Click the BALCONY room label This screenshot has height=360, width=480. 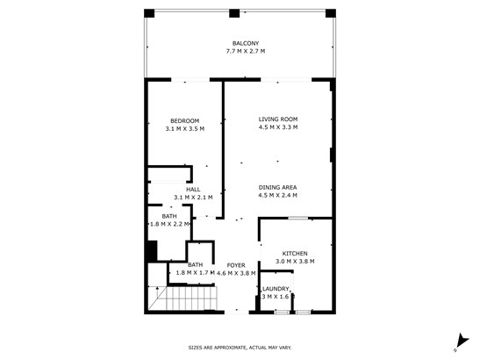tap(246, 44)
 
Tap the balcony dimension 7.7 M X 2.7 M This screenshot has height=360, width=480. tap(246, 51)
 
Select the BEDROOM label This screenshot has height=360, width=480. tap(185, 121)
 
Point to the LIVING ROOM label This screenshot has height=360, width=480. tap(278, 119)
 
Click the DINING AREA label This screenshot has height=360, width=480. tap(277, 188)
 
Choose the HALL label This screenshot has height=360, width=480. tap(193, 190)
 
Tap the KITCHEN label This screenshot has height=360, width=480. tap(295, 254)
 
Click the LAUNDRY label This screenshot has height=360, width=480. tap(276, 289)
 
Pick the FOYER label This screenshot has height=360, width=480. tap(236, 265)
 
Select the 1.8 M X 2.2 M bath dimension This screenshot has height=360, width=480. tap(169, 224)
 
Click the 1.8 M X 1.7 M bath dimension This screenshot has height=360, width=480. tap(196, 273)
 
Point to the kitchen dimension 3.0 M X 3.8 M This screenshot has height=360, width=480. tap(295, 262)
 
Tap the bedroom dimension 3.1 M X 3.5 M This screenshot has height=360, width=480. tap(185, 129)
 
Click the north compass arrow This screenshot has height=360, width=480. tap(462, 341)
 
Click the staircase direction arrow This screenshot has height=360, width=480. tap(157, 293)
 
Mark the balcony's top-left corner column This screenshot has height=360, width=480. tap(149, 13)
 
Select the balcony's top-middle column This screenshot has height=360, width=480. tap(234, 13)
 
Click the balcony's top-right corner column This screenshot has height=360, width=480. tap(331, 13)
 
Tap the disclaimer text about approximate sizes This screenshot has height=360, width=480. tap(240, 348)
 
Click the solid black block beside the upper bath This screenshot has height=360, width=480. tap(152, 251)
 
